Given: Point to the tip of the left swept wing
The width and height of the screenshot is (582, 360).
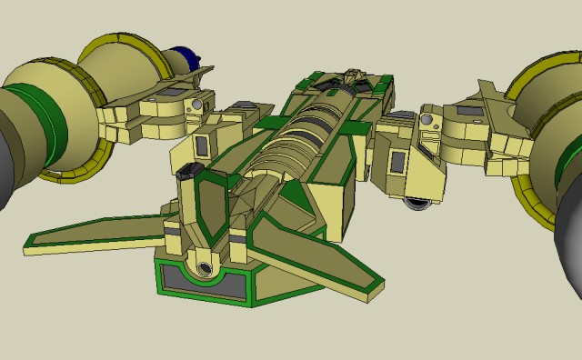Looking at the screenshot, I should click(29, 241).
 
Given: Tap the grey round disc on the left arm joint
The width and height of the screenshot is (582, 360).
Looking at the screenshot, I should click(194, 107).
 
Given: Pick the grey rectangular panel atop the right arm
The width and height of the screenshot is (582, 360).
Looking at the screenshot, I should click(471, 111).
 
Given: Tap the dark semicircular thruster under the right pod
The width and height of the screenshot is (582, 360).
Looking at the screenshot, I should click(417, 205).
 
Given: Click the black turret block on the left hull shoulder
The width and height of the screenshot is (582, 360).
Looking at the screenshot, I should click(190, 170).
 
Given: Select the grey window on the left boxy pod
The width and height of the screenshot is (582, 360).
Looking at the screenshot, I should click(203, 145).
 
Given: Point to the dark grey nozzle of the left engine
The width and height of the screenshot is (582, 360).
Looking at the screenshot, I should click(11, 155).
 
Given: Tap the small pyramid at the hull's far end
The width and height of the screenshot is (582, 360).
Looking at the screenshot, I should click(352, 72).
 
